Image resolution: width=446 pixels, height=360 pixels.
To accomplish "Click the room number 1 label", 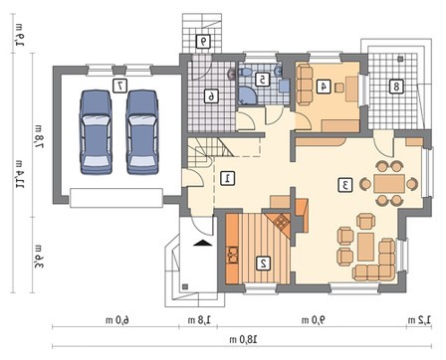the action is point(228,178).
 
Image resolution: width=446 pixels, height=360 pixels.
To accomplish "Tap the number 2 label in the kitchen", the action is point(264,263).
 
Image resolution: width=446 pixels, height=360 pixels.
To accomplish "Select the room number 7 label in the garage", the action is point(119,86).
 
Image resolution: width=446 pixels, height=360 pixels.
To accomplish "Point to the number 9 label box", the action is point(203,42).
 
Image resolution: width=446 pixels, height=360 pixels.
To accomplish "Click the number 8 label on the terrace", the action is point(396,87).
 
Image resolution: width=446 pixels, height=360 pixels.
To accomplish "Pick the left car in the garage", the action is point(96,132).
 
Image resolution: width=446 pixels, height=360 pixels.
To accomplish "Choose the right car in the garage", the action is point(142,132).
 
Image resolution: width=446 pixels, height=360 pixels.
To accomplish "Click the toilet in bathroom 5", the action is point(246,72).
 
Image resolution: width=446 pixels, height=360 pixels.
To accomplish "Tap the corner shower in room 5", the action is point(246,95).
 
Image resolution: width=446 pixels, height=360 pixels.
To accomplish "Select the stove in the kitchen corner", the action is point(282,221).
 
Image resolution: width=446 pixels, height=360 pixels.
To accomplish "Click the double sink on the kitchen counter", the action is point(233,255).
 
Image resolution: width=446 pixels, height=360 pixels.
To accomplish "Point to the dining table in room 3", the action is point(389,183).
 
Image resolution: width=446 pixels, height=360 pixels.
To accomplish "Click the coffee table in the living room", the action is point(366,247).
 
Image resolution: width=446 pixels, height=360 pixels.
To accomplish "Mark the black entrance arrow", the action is point(202,243).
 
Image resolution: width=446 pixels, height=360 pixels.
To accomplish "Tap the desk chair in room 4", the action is point(339,88).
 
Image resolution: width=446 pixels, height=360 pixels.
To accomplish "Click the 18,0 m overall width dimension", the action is point(244,339).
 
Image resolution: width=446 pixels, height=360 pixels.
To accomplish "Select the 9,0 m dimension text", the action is point(314,320).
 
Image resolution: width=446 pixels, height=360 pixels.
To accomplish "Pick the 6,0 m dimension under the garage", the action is point(117,320).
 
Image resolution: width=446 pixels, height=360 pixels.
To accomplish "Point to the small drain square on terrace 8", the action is point(400,59).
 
